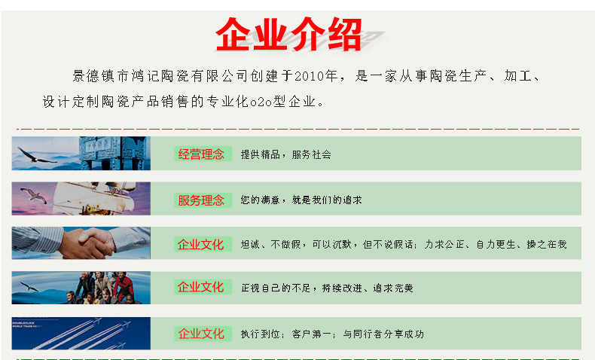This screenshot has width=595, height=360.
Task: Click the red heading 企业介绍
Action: tap(289, 34)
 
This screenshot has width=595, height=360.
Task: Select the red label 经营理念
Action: tap(201, 154)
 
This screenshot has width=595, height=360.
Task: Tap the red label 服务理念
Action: tap(201, 200)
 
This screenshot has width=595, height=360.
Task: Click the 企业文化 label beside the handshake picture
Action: tap(201, 244)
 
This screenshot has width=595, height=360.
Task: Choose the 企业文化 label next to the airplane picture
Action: tap(201, 333)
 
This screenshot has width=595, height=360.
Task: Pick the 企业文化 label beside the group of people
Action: tap(201, 287)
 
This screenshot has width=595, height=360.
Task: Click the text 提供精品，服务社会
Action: tap(285, 154)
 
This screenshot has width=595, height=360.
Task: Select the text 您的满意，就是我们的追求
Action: tap(301, 200)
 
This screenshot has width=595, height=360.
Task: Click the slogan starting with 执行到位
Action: tap(332, 334)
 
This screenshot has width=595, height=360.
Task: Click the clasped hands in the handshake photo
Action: tap(95, 243)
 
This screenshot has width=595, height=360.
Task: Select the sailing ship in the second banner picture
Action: tap(113, 197)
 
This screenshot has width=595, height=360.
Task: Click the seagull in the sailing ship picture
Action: tap(34, 194)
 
